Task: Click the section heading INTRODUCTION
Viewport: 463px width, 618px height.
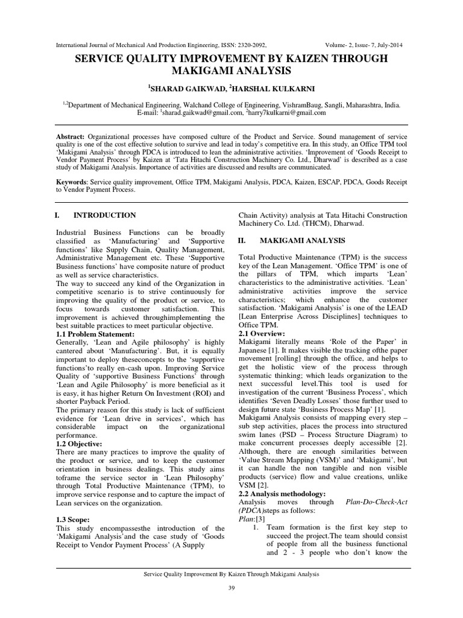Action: (104, 215)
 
